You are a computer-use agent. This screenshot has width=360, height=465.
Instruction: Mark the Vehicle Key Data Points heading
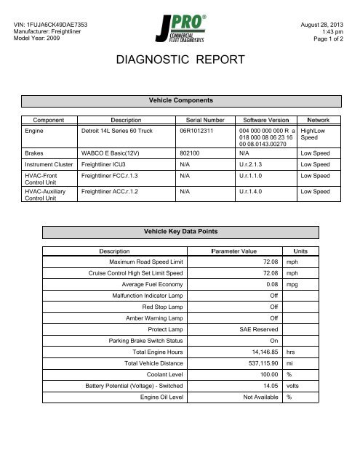180,231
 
